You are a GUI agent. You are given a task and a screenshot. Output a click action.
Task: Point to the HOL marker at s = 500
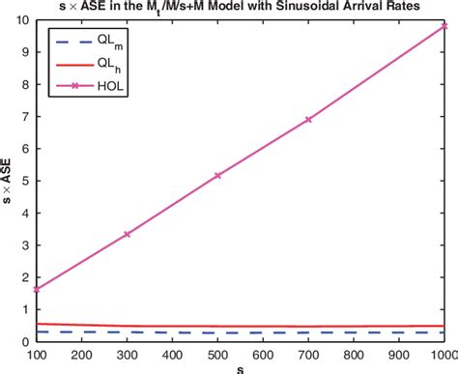[217, 175]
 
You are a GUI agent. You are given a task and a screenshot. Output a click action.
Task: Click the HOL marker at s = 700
[308, 119]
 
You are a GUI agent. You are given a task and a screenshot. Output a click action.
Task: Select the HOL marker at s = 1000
[444, 26]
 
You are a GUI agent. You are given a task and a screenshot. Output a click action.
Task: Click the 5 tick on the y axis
[28, 181]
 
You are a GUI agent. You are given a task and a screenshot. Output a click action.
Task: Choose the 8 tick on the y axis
[28, 84]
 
